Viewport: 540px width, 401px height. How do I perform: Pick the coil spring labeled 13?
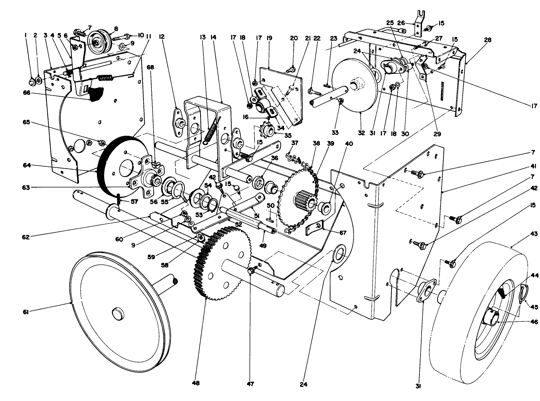coord(211,129)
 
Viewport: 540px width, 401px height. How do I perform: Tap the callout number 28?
coord(488,40)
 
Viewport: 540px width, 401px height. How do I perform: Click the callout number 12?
coord(162,37)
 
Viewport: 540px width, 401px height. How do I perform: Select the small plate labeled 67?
coord(314,228)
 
